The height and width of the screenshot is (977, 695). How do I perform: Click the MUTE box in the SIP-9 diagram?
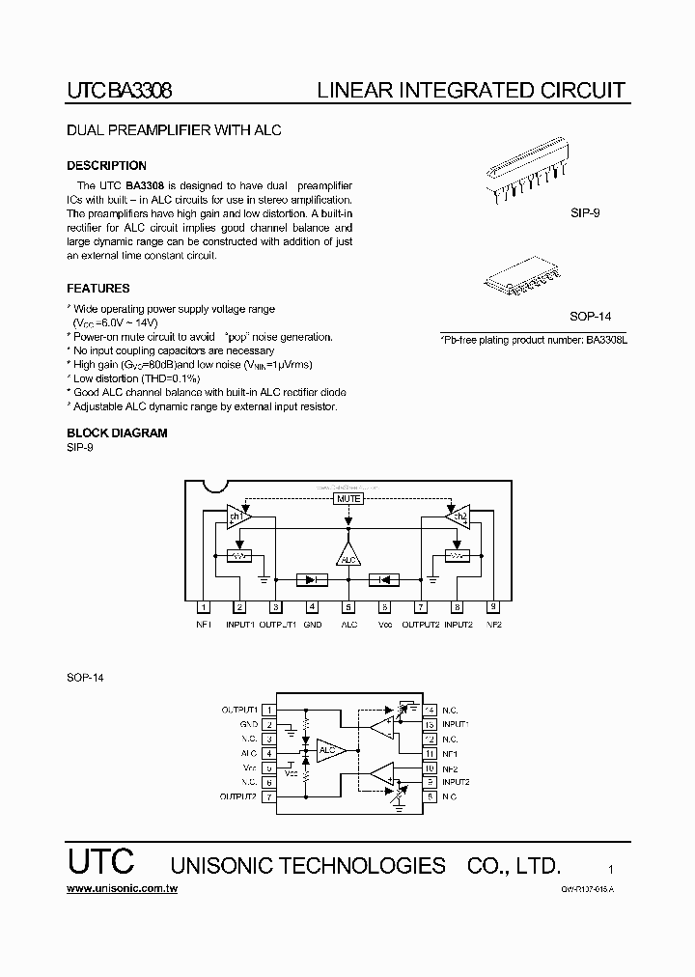tap(348, 499)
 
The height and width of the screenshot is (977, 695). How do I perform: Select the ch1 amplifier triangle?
tap(236, 516)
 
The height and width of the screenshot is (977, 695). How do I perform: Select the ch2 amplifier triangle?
tap(459, 516)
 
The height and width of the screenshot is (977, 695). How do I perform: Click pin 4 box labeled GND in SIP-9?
tap(312, 607)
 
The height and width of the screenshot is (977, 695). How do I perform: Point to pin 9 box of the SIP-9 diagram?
tap(493, 607)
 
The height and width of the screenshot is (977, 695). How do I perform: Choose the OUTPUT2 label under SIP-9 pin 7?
tap(421, 625)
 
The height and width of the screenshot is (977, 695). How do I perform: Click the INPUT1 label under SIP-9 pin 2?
tap(239, 625)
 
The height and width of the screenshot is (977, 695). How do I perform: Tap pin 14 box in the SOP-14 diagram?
tap(430, 709)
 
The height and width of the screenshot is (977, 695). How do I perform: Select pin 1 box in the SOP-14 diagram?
tap(269, 710)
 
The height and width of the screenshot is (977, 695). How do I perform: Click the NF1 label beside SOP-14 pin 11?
tap(450, 753)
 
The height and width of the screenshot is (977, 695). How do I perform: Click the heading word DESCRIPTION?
tap(106, 166)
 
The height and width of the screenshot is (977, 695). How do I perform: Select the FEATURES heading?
tap(97, 289)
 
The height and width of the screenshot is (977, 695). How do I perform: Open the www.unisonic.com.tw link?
tap(122, 887)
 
